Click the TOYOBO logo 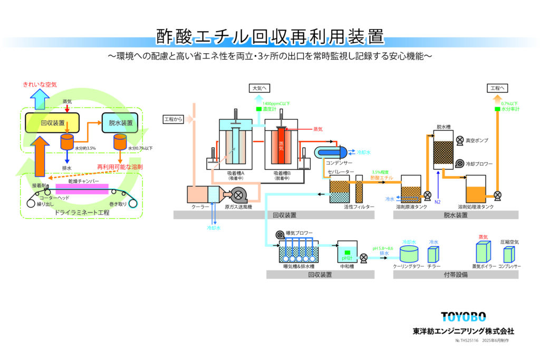(x=463, y=316)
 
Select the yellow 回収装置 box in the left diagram (x=52, y=123)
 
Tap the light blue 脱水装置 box (x=117, y=123)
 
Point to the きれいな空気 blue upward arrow (x=39, y=97)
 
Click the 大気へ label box (x=262, y=88)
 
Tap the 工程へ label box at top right (x=498, y=88)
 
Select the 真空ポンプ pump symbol (x=459, y=140)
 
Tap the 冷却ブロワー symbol (x=459, y=163)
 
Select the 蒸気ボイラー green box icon (x=483, y=254)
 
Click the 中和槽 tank (x=346, y=255)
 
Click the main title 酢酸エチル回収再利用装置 (x=270, y=37)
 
